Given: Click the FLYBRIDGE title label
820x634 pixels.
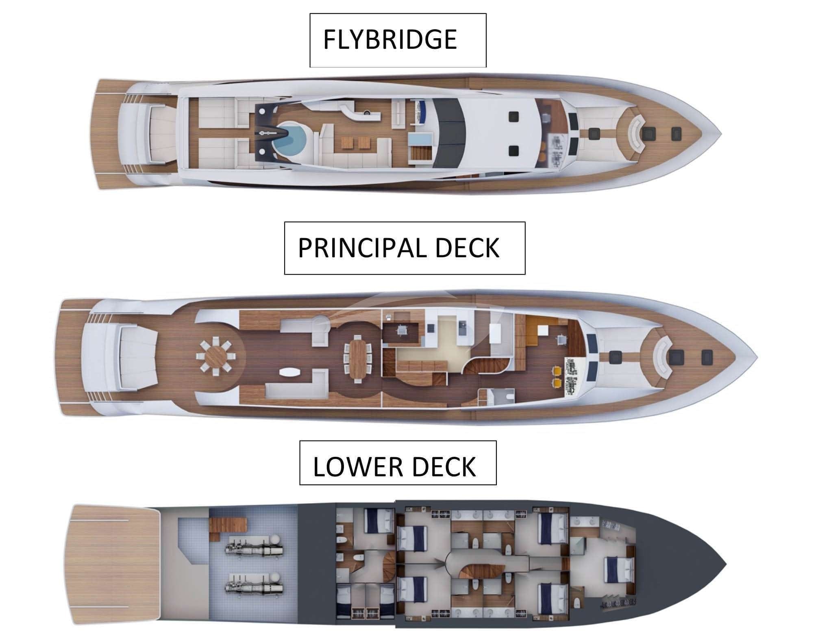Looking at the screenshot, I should (x=389, y=39).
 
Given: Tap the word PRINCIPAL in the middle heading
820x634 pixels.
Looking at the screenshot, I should (x=362, y=248).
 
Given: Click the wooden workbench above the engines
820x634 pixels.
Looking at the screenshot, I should (x=228, y=524).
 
